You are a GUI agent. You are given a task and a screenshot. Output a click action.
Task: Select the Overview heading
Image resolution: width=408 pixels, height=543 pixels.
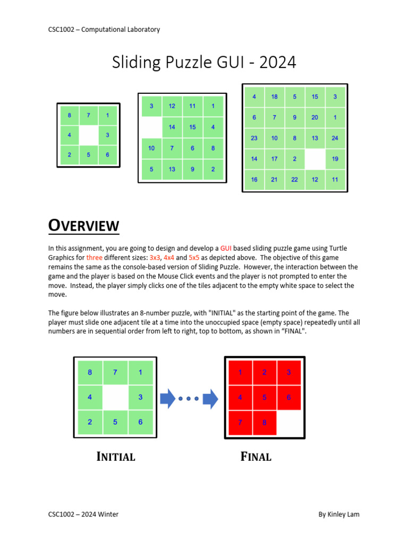pyautogui.click(x=84, y=226)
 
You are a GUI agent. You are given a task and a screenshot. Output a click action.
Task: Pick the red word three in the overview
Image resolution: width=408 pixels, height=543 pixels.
pyautogui.click(x=94, y=257)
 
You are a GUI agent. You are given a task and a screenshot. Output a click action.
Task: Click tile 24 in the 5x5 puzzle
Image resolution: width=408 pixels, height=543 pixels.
pyautogui.click(x=335, y=138)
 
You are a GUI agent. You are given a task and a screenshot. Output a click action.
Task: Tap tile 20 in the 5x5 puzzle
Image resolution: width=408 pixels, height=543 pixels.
pyautogui.click(x=315, y=117)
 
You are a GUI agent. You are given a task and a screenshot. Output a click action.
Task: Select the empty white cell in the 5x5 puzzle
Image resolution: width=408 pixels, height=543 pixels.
pyautogui.click(x=315, y=159)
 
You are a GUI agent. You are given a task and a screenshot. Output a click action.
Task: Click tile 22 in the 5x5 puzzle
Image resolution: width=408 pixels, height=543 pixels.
pyautogui.click(x=295, y=179)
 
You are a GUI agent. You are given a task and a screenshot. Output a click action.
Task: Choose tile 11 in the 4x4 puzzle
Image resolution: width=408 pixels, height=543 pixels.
pyautogui.click(x=192, y=106)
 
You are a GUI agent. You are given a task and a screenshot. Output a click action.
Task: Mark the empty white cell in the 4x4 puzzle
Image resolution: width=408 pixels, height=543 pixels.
pyautogui.click(x=151, y=127)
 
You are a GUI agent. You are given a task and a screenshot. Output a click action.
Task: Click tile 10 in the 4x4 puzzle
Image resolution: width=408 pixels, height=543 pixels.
pyautogui.click(x=151, y=148)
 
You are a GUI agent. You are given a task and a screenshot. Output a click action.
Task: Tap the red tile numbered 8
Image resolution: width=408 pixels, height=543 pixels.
pyautogui.click(x=264, y=422)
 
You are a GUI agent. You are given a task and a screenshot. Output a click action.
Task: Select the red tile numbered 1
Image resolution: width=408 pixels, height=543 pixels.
pyautogui.click(x=240, y=372)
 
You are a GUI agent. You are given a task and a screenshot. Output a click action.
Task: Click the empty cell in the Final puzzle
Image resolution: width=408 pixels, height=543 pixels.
pyautogui.click(x=288, y=422)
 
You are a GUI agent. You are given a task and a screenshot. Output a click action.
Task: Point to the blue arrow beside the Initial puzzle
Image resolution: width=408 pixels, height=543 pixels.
pyautogui.click(x=167, y=398)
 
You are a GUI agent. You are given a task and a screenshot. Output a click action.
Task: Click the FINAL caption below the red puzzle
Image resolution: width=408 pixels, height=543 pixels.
pyautogui.click(x=256, y=457)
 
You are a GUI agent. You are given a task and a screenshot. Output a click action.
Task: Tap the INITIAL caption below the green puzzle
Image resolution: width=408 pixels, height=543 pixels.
pyautogui.click(x=116, y=457)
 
